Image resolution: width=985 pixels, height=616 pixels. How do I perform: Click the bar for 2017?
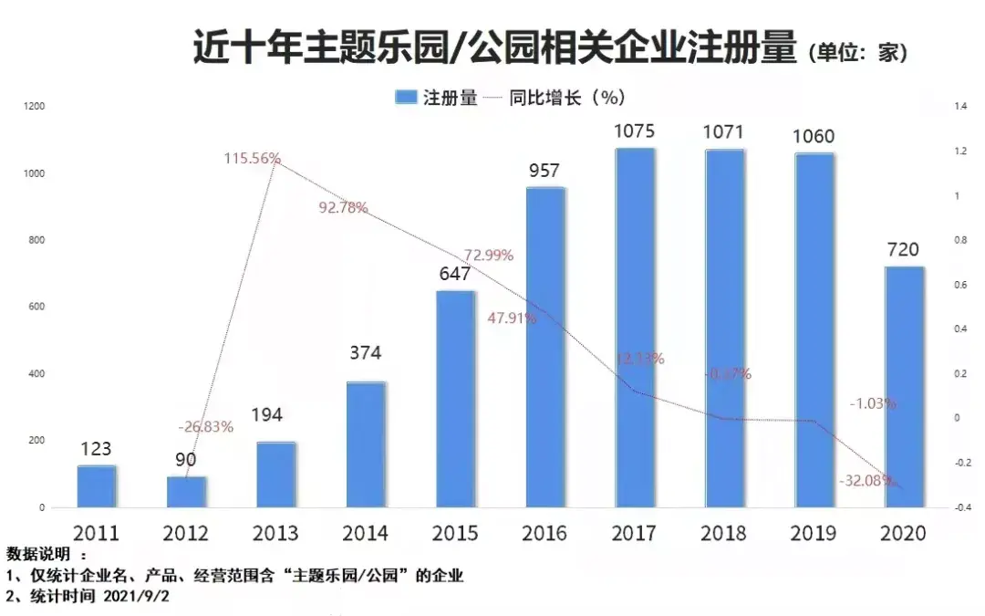click(634, 329)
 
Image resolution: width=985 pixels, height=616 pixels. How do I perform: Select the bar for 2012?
click(186, 492)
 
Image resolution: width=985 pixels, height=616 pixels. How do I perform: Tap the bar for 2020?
click(904, 387)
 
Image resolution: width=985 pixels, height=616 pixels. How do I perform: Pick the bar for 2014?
click(365, 444)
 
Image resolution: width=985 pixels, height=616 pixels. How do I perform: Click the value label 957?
click(544, 171)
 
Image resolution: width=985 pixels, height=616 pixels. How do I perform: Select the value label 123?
click(96, 449)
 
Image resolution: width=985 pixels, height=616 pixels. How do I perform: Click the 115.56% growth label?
click(253, 158)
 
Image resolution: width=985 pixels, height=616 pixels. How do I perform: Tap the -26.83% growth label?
click(205, 426)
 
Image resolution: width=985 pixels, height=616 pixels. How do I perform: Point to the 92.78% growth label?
click(343, 207)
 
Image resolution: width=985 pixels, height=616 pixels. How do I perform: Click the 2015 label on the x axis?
click(454, 533)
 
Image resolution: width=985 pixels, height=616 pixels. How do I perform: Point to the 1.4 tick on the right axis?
click(960, 107)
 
